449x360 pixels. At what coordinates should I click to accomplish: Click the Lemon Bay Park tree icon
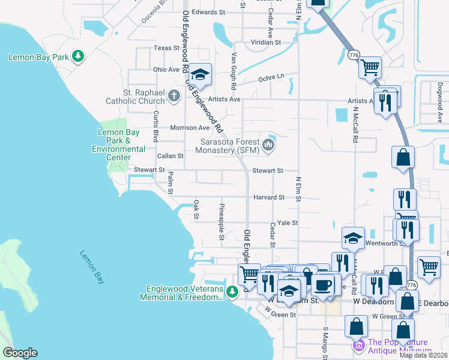(77, 57)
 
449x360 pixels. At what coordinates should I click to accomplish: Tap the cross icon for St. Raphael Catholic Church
(173, 95)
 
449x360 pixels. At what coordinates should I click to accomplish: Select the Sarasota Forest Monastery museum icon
(269, 145)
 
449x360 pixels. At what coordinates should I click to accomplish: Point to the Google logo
(19, 353)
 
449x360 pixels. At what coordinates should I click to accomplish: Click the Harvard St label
(268, 197)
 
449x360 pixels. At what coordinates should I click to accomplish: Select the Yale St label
(286, 223)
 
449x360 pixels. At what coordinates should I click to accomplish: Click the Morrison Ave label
(190, 128)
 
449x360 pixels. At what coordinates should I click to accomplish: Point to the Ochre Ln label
(271, 77)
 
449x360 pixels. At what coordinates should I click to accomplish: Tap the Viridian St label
(266, 43)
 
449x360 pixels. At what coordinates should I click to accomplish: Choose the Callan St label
(170, 156)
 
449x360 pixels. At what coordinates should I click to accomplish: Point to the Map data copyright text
(423, 355)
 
